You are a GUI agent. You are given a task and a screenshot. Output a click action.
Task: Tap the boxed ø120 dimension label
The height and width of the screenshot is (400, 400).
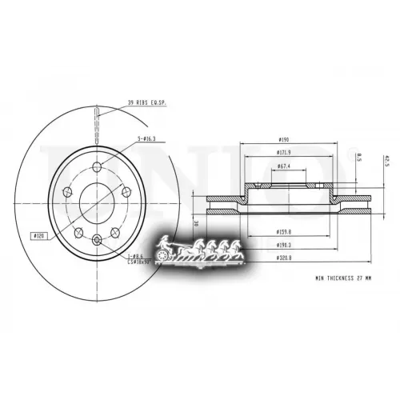[x=38, y=237]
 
